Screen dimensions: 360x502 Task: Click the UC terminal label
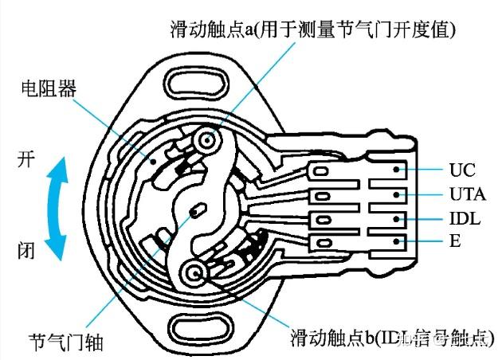461,170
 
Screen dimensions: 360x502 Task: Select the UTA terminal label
467,194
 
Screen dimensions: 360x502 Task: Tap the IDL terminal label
465,217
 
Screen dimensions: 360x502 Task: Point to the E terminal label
455,241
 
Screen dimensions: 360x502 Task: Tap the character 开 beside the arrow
26,158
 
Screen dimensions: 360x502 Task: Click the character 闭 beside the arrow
26,252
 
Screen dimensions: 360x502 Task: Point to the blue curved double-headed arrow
53,205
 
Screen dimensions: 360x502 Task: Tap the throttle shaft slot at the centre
197,212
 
